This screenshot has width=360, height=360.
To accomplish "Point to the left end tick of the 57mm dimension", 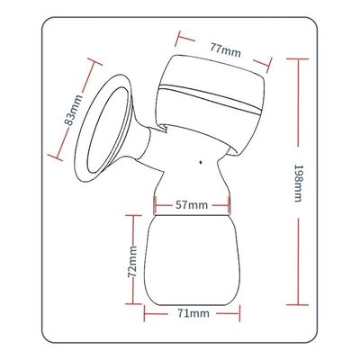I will pos(156,205).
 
